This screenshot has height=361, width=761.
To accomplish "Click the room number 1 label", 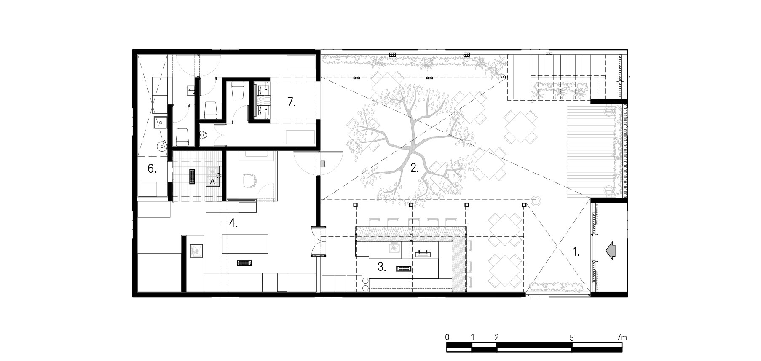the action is [576, 252].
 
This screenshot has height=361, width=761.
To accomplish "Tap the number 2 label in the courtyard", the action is [415, 168].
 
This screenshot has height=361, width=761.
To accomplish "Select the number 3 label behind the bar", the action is [382, 267].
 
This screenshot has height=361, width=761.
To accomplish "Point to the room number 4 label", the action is [233, 223].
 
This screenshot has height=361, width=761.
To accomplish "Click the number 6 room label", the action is [152, 169].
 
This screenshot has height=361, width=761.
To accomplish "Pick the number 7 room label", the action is [292, 102].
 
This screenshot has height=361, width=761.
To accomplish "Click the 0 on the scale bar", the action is [447, 337].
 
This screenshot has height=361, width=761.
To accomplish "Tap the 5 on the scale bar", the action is [572, 337].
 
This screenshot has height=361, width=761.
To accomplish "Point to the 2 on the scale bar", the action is [497, 337].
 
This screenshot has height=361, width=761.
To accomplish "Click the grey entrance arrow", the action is [610, 252].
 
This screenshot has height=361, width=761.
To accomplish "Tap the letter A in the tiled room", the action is [213, 181].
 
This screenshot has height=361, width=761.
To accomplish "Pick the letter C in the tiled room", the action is [218, 175].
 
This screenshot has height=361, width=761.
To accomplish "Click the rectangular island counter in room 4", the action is [245, 244].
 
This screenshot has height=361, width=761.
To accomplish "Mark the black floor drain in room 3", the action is [403, 268].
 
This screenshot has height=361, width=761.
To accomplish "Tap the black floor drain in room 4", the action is [244, 263].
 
